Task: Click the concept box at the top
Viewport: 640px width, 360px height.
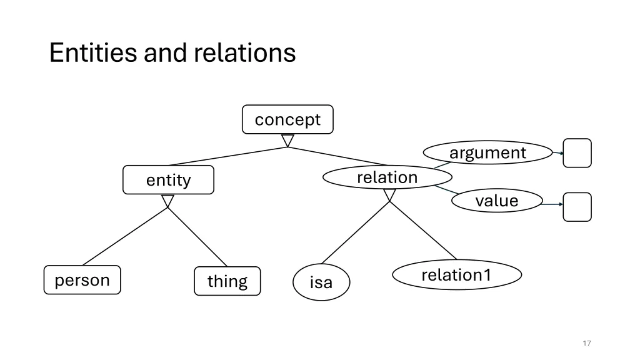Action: point(287,119)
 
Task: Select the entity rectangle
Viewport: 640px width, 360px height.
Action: point(168,180)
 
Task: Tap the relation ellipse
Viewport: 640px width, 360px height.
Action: point(387,177)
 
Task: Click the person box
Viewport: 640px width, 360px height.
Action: point(82,280)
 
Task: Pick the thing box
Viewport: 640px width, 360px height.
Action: point(227,281)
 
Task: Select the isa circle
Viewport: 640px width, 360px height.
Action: point(321,282)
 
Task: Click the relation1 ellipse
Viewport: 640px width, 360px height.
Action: point(456,275)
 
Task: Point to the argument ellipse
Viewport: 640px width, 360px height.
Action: point(487,152)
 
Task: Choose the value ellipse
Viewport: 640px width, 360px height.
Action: point(497,201)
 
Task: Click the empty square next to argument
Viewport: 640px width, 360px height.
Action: point(577,153)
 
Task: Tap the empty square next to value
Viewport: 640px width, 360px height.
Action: point(577,207)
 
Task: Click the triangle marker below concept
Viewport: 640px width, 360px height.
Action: point(287,141)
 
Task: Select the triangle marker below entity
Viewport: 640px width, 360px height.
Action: point(167,201)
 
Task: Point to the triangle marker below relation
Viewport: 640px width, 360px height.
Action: point(389,196)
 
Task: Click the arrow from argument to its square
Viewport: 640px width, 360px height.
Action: point(557,152)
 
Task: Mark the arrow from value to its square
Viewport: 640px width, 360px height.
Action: point(552,204)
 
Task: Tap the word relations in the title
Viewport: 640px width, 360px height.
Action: point(244,52)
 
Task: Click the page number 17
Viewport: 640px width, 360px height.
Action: point(586,343)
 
